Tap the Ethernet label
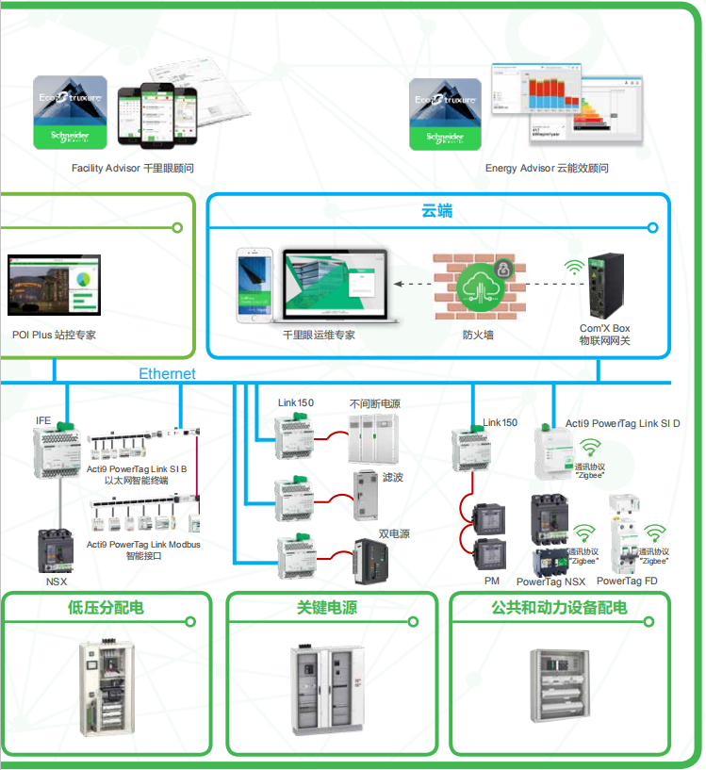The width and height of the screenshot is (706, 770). (x=168, y=374)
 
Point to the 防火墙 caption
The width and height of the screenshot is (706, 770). (x=478, y=335)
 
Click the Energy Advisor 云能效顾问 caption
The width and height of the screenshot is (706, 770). (x=547, y=169)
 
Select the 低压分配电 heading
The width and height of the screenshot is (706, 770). (x=107, y=608)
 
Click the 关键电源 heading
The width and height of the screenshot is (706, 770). (x=327, y=608)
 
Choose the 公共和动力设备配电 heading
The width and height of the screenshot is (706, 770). (x=559, y=608)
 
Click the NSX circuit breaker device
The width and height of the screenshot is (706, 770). (x=56, y=551)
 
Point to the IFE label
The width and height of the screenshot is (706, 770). (x=43, y=420)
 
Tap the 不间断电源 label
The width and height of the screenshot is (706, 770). (x=374, y=403)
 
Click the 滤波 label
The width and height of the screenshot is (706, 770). (x=393, y=478)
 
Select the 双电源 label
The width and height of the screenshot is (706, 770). (x=394, y=533)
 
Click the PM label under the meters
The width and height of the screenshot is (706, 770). (x=491, y=582)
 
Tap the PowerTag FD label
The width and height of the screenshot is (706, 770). (x=627, y=582)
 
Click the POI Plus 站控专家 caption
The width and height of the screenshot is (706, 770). (x=54, y=335)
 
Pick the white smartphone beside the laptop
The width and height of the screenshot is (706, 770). (x=254, y=285)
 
